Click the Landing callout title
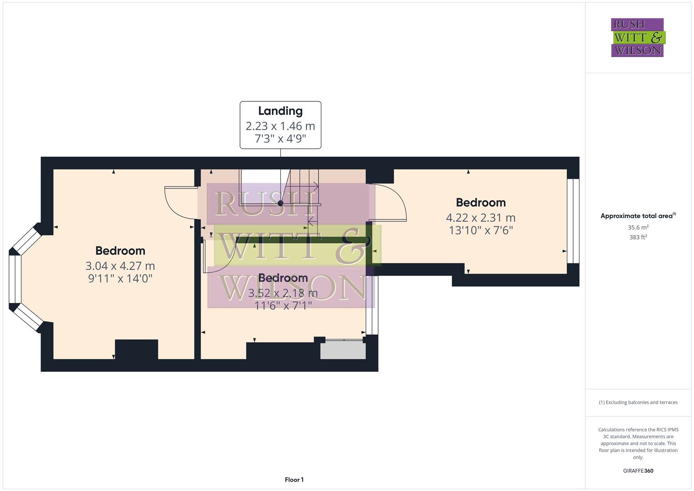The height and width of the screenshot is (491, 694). pyautogui.click(x=280, y=111)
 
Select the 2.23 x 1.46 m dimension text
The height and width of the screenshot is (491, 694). pyautogui.click(x=280, y=126)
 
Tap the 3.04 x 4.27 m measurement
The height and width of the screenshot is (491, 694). pyautogui.click(x=120, y=266)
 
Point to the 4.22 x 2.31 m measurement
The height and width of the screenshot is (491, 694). pyautogui.click(x=480, y=217)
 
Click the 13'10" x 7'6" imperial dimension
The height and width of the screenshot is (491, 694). pyautogui.click(x=480, y=230)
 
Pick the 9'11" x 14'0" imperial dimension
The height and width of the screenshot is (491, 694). pyautogui.click(x=120, y=278)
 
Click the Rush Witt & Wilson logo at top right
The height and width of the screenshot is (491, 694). pyautogui.click(x=638, y=37)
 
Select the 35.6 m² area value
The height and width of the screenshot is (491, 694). pyautogui.click(x=638, y=227)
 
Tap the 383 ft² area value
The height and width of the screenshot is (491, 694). pyautogui.click(x=638, y=237)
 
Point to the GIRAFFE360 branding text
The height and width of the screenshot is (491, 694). pyautogui.click(x=638, y=471)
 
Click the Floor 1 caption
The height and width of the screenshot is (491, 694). pyautogui.click(x=294, y=480)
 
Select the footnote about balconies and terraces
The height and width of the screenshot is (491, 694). pyautogui.click(x=638, y=402)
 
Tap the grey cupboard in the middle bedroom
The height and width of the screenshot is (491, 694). pyautogui.click(x=343, y=351)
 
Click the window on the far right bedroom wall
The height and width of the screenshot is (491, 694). pyautogui.click(x=573, y=221)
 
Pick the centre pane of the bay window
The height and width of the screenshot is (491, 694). pyautogui.click(x=15, y=279)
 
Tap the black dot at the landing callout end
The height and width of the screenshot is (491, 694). pyautogui.click(x=280, y=203)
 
